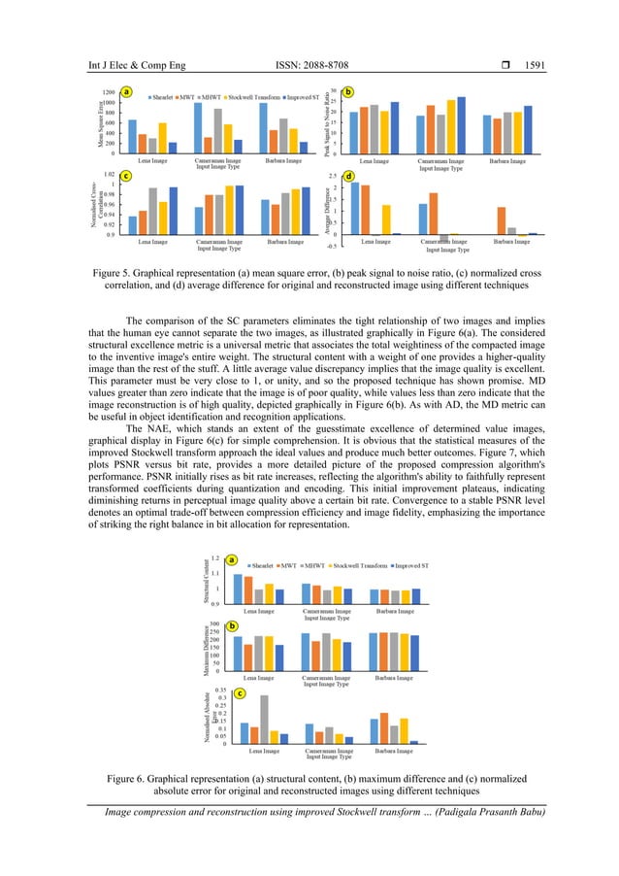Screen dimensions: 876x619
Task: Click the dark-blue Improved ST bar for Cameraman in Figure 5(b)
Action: (x=461, y=124)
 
